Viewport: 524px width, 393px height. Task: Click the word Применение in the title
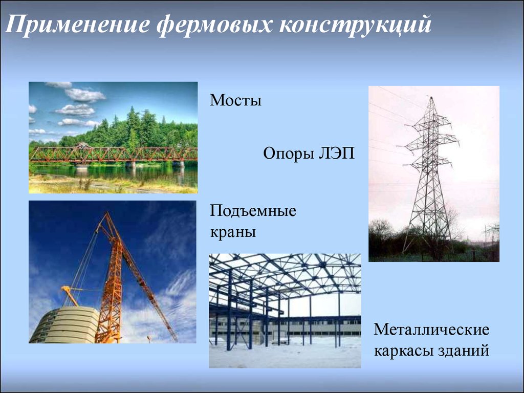tap(77, 25)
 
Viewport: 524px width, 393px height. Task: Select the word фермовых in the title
tap(214, 25)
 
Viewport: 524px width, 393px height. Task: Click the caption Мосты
tap(235, 100)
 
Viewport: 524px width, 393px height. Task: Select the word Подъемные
tap(253, 211)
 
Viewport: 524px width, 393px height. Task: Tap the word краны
tap(233, 232)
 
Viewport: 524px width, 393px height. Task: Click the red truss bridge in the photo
tap(113, 155)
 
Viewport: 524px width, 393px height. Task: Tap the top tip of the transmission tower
tap(431, 97)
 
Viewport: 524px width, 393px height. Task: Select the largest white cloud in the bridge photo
tap(85, 95)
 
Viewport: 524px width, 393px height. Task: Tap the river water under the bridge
tap(114, 174)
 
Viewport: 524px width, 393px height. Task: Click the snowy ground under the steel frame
tap(285, 354)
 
